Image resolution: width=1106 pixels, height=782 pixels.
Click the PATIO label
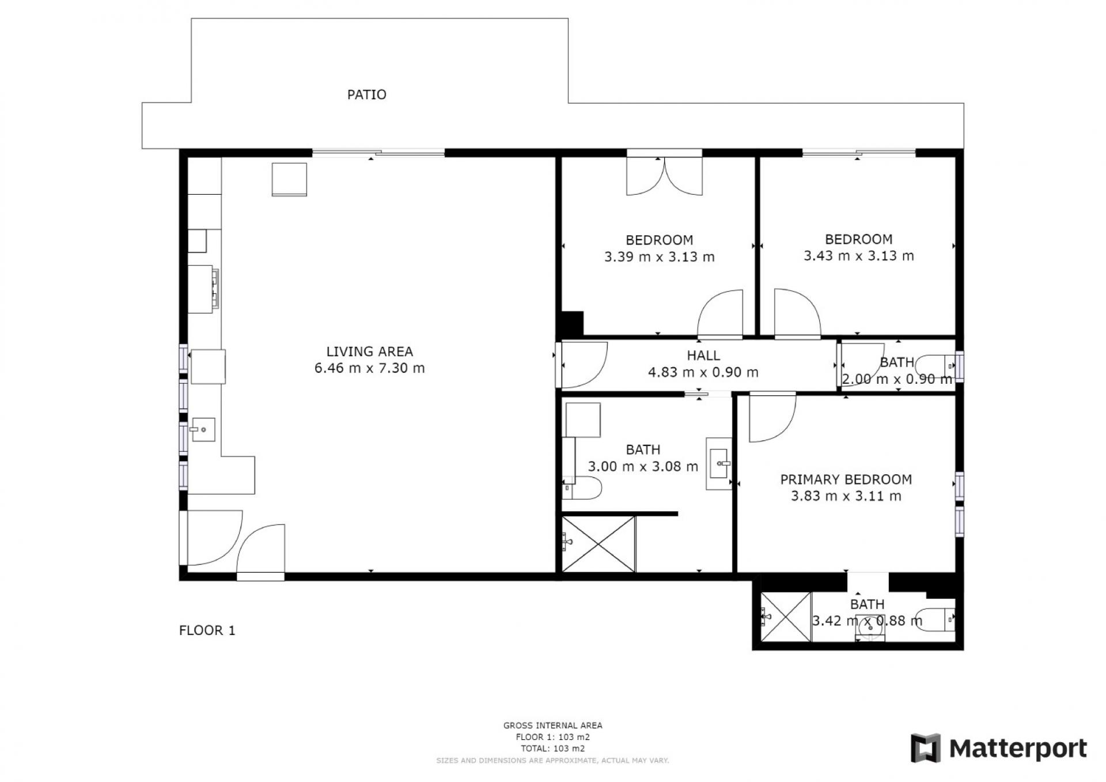366,95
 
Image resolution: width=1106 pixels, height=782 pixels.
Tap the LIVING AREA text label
369,352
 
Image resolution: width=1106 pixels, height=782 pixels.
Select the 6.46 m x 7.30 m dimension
369,368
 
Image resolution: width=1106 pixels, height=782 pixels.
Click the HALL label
703,356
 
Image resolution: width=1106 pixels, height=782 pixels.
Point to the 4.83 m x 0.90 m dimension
703,372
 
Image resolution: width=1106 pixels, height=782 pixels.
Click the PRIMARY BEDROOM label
846,479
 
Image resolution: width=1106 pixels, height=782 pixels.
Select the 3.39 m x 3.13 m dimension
659,257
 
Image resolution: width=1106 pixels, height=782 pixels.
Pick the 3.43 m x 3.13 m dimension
858,256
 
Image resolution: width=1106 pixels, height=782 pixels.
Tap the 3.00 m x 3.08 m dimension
643,466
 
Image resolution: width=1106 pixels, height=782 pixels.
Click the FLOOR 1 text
207,630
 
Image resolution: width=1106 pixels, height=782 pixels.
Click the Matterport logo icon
925,748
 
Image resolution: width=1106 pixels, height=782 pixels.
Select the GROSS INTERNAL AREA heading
552,726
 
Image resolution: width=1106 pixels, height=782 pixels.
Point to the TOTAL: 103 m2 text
552,749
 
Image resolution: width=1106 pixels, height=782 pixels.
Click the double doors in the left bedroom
664,176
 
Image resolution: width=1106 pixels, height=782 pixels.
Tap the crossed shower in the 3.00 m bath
598,544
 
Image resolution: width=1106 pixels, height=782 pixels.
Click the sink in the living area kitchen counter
203,429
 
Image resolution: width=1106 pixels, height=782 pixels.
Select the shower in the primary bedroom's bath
786,616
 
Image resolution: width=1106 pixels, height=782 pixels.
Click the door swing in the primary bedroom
772,417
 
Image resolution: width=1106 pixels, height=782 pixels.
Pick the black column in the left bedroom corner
573,323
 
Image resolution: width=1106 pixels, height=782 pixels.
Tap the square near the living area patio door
289,179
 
